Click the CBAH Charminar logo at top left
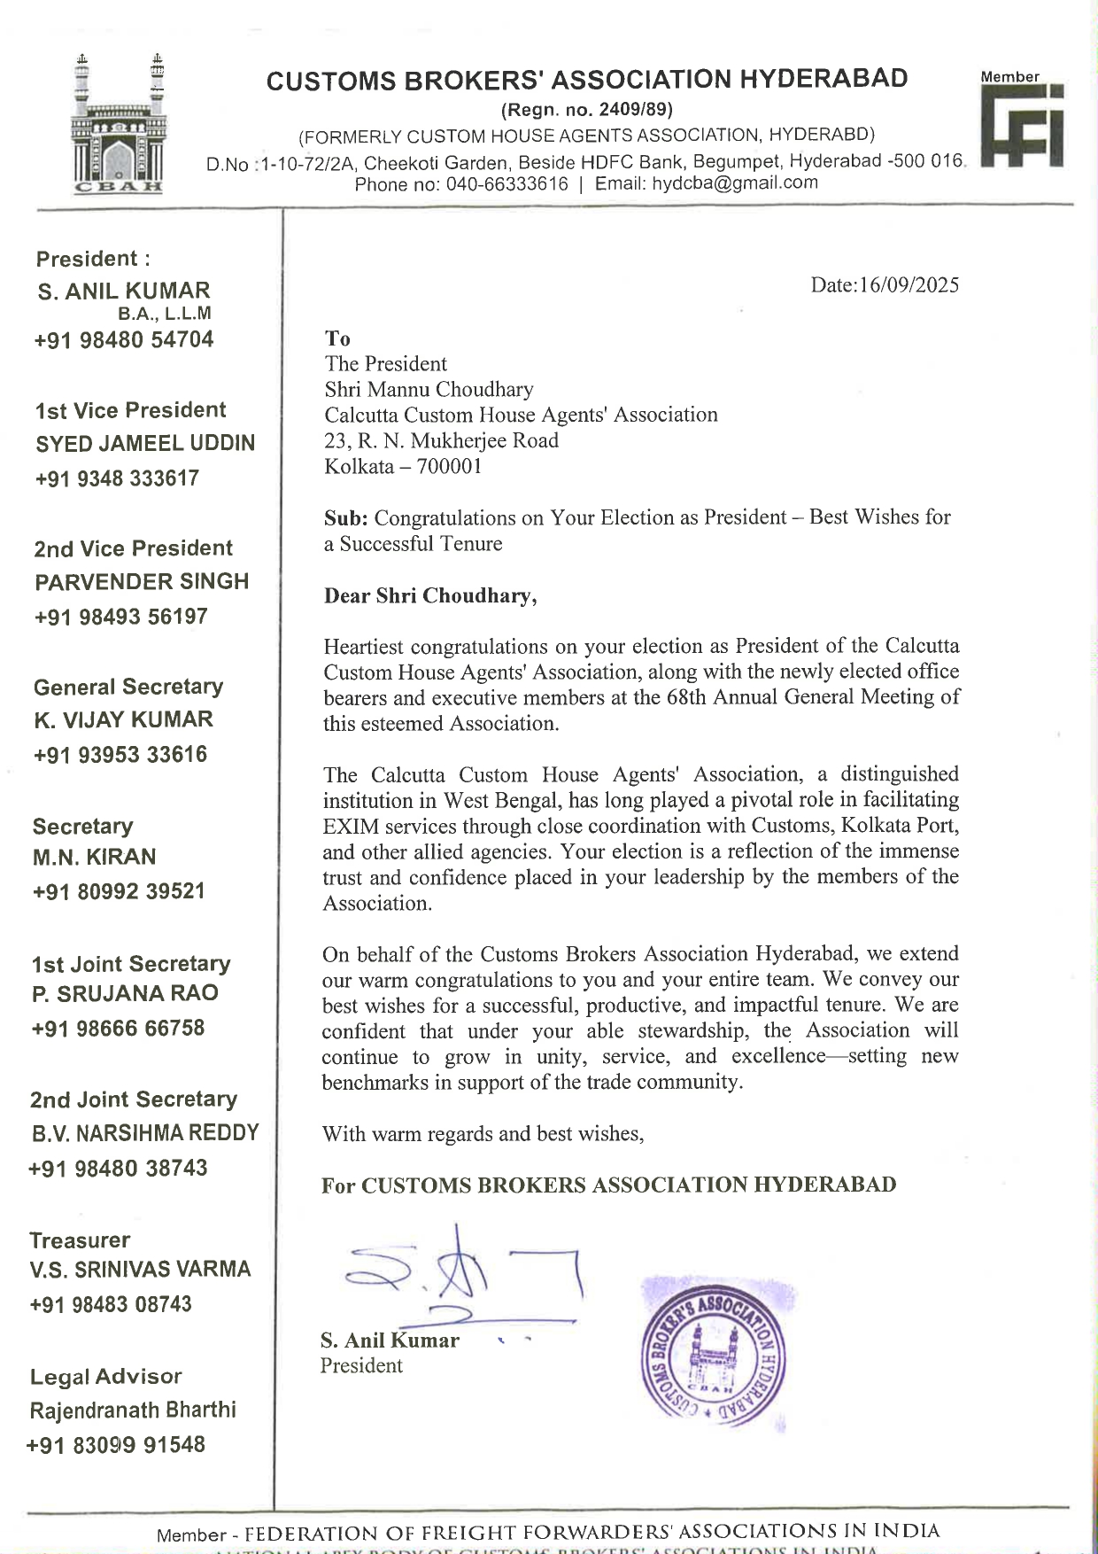click(x=119, y=124)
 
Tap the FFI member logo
click(x=1022, y=124)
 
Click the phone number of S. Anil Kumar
click(x=124, y=340)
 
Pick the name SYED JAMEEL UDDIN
click(x=145, y=444)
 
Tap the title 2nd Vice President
click(x=133, y=548)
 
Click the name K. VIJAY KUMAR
click(x=124, y=720)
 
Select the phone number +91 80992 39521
click(x=119, y=891)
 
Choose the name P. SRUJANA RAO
click(x=125, y=994)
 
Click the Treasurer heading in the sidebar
click(x=80, y=1240)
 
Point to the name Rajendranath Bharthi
click(x=133, y=1410)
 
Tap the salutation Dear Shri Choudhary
click(x=430, y=595)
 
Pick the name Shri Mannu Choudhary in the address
click(x=429, y=390)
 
